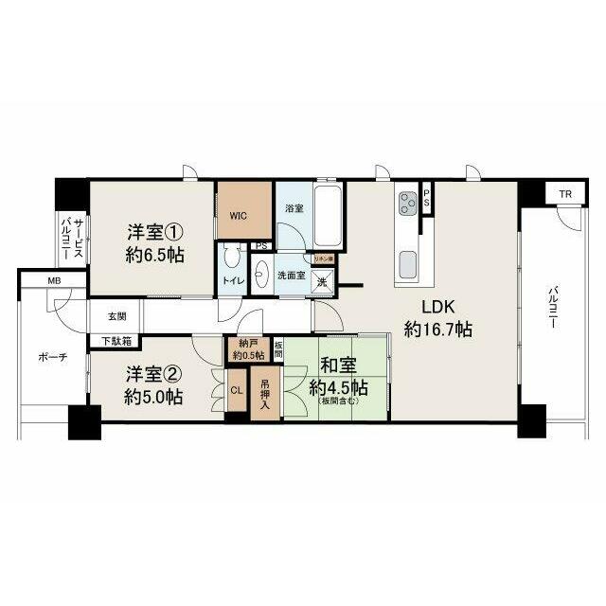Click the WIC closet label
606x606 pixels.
237,215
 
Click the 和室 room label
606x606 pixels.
335,365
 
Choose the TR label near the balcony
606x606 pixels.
565,195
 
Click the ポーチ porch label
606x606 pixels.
52,359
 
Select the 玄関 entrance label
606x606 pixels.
116,316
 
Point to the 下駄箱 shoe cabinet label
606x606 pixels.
116,340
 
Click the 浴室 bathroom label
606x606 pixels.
294,207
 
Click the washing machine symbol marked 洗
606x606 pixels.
322,281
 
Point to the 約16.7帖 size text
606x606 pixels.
438,330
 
